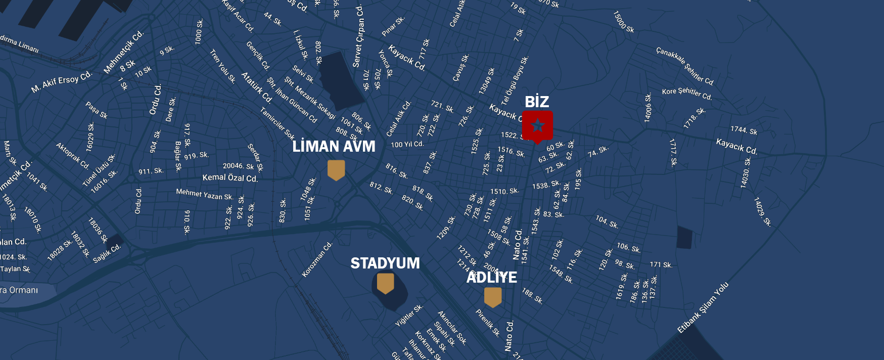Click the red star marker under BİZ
click(537, 125)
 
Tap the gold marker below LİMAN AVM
click(336, 169)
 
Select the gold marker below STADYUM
click(385, 283)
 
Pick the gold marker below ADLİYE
click(493, 297)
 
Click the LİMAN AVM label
click(334, 147)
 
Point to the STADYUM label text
click(385, 263)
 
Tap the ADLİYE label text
click(491, 278)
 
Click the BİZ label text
click(537, 102)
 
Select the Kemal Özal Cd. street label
click(230, 178)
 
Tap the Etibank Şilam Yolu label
click(703, 307)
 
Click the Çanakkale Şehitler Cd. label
click(685, 66)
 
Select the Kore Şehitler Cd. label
click(687, 93)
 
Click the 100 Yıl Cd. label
click(407, 145)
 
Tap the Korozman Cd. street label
click(317, 259)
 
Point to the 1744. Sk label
click(743, 130)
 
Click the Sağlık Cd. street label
click(107, 254)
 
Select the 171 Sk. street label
click(661, 265)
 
